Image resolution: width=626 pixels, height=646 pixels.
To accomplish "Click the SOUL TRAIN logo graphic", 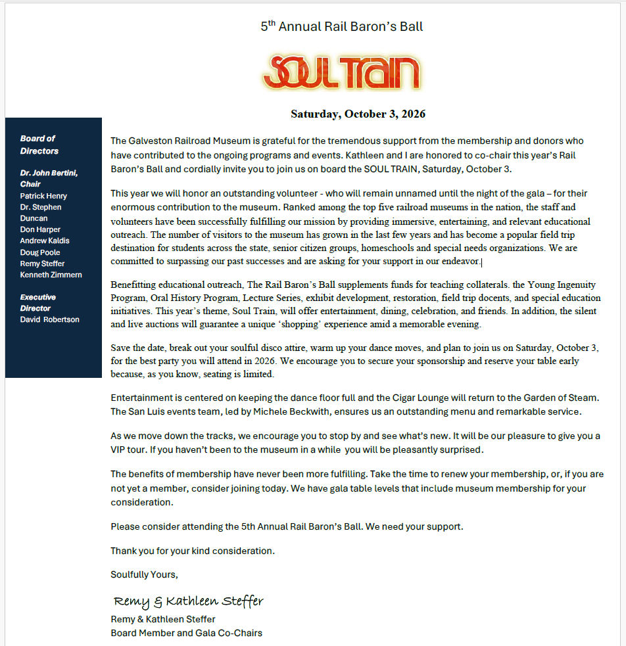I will pyautogui.click(x=341, y=72).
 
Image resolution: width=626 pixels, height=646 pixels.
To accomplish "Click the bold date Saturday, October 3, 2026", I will pyautogui.click(x=358, y=114).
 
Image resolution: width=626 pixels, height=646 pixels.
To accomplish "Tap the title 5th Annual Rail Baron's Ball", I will pyautogui.click(x=341, y=27).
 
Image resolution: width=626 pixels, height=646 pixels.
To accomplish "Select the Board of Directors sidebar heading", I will pyautogui.click(x=39, y=145).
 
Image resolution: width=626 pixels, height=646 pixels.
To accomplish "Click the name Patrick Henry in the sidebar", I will pyautogui.click(x=43, y=196).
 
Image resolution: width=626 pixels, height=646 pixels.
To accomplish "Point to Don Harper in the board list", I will pyautogui.click(x=40, y=229).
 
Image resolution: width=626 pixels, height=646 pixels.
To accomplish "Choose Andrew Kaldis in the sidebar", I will pyautogui.click(x=45, y=241).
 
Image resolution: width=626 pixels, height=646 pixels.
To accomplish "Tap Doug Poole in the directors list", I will pyautogui.click(x=40, y=252).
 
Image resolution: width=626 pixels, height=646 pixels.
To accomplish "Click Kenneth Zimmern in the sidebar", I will pyautogui.click(x=51, y=275).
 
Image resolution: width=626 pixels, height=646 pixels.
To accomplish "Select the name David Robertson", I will pyautogui.click(x=49, y=319).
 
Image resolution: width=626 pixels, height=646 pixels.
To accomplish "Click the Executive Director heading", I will pyautogui.click(x=37, y=302).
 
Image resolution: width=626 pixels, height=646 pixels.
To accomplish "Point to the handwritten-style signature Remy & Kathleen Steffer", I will pyautogui.click(x=188, y=601).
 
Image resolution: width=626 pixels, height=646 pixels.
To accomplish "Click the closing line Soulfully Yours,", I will pyautogui.click(x=144, y=574).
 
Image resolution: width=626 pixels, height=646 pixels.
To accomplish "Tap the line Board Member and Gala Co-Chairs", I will pyautogui.click(x=186, y=633).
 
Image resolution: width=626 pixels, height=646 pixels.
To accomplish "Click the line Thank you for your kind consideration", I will pyautogui.click(x=193, y=551).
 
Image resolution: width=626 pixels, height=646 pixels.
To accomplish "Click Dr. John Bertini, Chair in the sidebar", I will pyautogui.click(x=49, y=178).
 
